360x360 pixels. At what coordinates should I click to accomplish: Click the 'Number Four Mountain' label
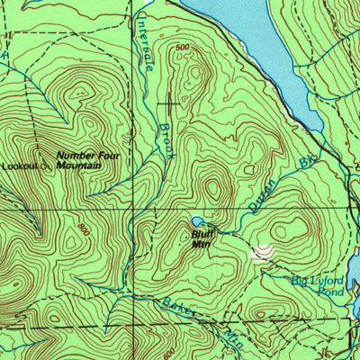[x=86, y=159]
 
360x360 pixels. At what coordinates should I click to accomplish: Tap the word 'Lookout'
[x=18, y=166]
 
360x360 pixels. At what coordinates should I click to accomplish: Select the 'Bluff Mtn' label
[x=201, y=236]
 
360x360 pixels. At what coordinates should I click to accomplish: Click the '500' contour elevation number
[x=184, y=47]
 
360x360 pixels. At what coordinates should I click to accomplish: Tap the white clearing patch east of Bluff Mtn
[x=261, y=254]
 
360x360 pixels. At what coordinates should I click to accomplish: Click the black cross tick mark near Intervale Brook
[x=167, y=103]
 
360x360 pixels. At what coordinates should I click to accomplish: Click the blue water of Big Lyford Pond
[x=356, y=306]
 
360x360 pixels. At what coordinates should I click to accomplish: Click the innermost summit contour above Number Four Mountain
[x=75, y=90]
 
